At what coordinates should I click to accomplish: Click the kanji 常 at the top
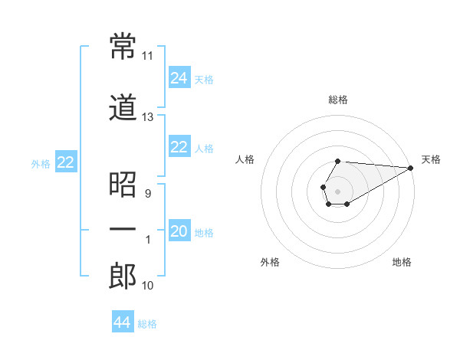click(x=123, y=46)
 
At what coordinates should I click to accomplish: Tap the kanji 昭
click(x=123, y=185)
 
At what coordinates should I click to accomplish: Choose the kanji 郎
click(x=123, y=277)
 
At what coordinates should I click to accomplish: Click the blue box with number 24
click(x=179, y=78)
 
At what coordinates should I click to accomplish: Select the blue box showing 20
click(x=179, y=231)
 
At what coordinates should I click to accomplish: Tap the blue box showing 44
click(x=123, y=322)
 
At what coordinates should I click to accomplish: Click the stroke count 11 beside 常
click(x=147, y=56)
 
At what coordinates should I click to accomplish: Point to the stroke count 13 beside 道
click(x=147, y=117)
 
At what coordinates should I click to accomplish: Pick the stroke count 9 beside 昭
click(x=147, y=194)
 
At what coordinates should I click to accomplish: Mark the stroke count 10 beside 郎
click(x=147, y=286)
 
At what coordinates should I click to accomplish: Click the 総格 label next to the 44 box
click(x=147, y=324)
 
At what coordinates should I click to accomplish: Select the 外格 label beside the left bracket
click(x=41, y=163)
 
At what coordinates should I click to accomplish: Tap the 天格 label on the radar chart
click(x=432, y=159)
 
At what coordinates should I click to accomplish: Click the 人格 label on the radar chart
click(x=245, y=159)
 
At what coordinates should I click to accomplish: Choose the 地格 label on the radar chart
click(x=402, y=262)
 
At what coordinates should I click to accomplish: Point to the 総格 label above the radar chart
click(x=338, y=100)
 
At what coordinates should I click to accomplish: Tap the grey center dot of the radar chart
click(x=337, y=190)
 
